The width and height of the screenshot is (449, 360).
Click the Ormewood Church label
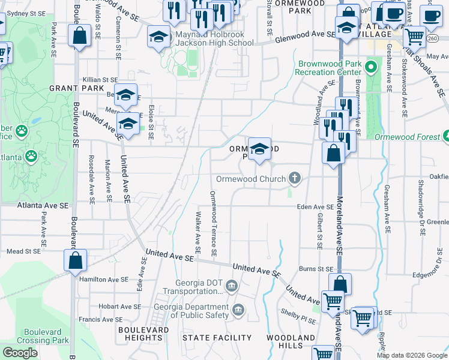250,179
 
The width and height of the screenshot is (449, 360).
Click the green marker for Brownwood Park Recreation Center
372,66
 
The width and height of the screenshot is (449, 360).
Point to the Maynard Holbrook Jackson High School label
214,39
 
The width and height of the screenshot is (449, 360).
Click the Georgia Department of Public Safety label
200,311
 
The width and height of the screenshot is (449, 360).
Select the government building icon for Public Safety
239,310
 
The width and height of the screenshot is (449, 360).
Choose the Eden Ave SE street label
315,206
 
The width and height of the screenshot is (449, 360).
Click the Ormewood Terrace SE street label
213,223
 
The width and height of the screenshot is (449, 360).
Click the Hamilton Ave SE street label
103,279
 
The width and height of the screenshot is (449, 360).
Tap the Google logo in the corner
20,353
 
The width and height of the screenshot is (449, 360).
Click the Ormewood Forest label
407,137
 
